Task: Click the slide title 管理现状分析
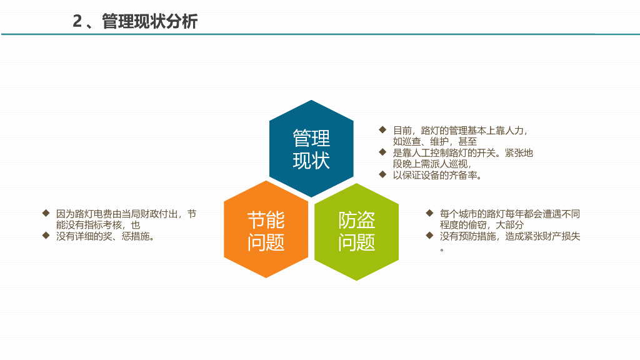pos(150,22)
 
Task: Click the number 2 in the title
pos(77,22)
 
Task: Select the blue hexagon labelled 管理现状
pos(311,149)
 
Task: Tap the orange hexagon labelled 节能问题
pos(266,230)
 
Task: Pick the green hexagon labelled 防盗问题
pos(356,231)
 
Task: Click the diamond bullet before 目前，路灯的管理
pos(382,130)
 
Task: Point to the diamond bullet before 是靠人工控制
pos(382,152)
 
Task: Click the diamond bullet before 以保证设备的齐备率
pos(382,174)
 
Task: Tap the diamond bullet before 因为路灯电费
pos(46,213)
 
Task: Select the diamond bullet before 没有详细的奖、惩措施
pos(46,236)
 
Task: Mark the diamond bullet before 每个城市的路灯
pos(429,213)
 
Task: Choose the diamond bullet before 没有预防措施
pos(429,236)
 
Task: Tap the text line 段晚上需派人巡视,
pos(432,164)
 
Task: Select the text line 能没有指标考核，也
pos(98,225)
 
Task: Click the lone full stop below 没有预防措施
pos(442,249)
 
